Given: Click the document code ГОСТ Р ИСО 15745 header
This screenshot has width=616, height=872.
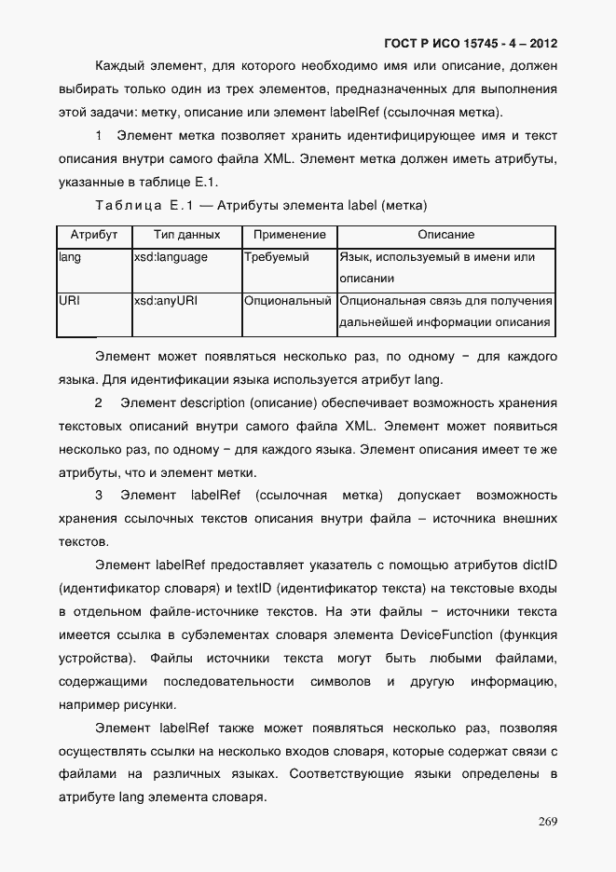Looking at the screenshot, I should click(471, 43).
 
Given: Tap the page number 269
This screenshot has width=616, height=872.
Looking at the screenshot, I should click(547, 821).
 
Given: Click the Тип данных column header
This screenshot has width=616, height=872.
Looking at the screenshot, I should click(186, 236).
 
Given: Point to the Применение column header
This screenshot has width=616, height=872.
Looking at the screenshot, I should click(289, 236).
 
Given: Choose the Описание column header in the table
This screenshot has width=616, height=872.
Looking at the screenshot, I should click(445, 236).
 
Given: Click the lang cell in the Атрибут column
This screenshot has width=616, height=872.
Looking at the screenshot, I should click(70, 257).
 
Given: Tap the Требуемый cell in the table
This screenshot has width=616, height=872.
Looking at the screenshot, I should click(276, 257).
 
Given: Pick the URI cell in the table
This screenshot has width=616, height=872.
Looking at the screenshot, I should click(69, 302).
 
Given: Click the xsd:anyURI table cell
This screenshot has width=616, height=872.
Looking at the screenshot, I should click(166, 302).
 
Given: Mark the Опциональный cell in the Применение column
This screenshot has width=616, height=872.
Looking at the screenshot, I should click(288, 302).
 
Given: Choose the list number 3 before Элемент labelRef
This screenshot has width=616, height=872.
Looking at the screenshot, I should click(99, 495).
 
